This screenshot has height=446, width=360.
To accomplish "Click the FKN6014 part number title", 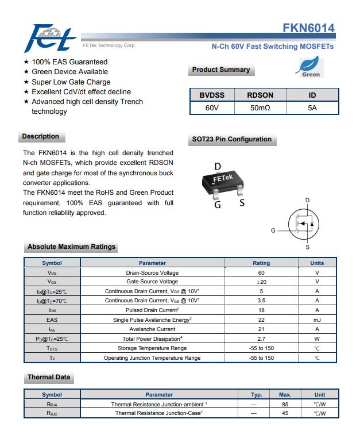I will [308, 28].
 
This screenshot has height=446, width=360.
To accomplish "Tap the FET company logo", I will [51, 38].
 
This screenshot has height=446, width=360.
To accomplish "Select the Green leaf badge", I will [309, 68].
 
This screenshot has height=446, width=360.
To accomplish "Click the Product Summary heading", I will [221, 70].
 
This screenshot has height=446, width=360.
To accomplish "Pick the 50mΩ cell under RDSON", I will [260, 107].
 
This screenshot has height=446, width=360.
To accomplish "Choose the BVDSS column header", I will [212, 95].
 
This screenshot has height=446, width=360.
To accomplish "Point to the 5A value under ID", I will [312, 107].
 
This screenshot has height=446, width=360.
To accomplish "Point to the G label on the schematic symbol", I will [273, 230].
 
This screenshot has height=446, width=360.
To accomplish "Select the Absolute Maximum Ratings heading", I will [71, 247].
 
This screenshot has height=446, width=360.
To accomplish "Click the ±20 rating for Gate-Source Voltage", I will [261, 282].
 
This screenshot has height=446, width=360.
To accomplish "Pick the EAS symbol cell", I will [52, 320].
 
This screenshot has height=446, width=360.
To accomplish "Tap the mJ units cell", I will [317, 320].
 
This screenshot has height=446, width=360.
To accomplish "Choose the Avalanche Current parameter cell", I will [152, 329].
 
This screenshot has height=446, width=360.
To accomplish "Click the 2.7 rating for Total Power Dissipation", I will [261, 339].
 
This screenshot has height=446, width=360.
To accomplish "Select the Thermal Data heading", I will [49, 378].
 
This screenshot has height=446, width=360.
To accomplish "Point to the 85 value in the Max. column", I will [285, 404].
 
